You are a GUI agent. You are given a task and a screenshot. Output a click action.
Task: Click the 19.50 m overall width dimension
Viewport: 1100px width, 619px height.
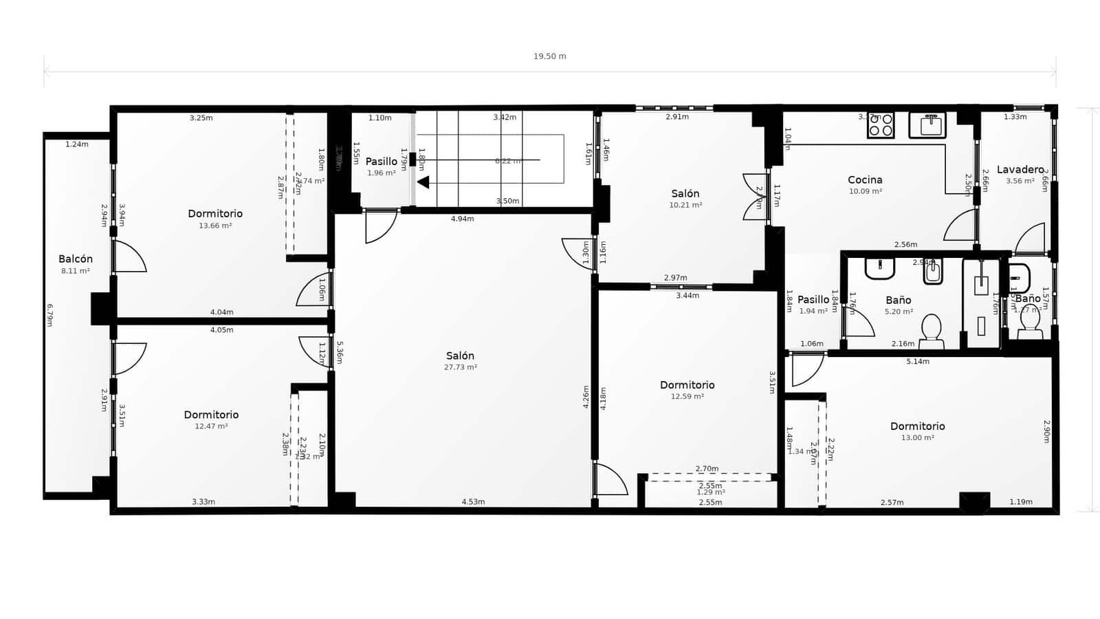tap(549, 56)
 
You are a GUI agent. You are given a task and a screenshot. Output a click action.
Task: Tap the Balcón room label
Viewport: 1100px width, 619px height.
tap(76, 259)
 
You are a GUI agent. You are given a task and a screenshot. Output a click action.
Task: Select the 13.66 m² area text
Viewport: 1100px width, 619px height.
tap(215, 226)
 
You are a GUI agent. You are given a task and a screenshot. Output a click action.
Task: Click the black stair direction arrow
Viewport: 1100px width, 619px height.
tap(423, 182)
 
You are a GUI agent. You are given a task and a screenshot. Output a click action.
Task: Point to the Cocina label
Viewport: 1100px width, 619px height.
tap(865, 180)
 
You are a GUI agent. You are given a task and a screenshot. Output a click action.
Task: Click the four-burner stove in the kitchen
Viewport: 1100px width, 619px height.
tap(881, 125)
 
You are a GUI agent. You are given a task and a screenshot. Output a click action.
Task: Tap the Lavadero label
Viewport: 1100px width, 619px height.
tap(1020, 170)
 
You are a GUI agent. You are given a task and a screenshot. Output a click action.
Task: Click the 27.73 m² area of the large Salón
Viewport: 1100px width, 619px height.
tap(460, 367)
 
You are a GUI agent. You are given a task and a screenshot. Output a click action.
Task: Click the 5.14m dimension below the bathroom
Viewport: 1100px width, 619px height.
tap(917, 362)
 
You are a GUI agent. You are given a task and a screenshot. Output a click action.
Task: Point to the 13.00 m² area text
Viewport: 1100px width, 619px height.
tap(917, 437)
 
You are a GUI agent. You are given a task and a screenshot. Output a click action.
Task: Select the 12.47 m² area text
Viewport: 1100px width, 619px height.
tap(211, 426)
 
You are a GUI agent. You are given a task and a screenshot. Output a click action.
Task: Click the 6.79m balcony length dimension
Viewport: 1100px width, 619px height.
tap(49, 315)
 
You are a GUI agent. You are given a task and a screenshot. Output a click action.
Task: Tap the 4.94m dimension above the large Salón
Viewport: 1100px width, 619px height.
tap(462, 219)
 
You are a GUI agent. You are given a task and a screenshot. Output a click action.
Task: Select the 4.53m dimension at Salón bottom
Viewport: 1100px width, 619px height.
tap(473, 502)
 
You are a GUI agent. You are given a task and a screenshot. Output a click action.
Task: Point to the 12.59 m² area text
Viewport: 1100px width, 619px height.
tap(687, 396)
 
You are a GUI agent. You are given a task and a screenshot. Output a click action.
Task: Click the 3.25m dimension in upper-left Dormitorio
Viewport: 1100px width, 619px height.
tap(201, 118)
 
